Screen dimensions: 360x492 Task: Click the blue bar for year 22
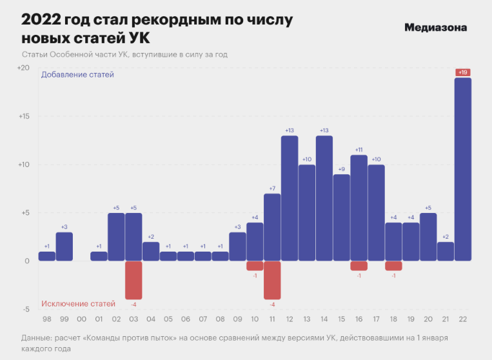click(x=462, y=169)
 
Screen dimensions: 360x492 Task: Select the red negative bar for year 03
click(x=133, y=280)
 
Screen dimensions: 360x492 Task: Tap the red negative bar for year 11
click(x=272, y=280)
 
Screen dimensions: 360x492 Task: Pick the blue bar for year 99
click(x=64, y=246)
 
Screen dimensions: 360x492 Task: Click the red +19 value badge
click(x=462, y=72)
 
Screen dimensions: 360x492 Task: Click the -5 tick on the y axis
click(x=26, y=310)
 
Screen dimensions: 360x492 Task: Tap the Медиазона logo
click(x=435, y=28)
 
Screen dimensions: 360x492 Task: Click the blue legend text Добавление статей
click(x=77, y=75)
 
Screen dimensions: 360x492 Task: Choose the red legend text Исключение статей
click(x=78, y=303)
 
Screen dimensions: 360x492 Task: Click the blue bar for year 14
click(x=324, y=198)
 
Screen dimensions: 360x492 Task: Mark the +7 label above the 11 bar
click(x=272, y=188)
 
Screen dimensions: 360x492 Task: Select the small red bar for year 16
click(x=359, y=266)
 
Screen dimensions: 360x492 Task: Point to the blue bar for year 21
click(x=446, y=251)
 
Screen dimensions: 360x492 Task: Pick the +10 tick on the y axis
click(x=23, y=165)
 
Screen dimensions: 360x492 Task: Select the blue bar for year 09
click(x=237, y=246)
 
